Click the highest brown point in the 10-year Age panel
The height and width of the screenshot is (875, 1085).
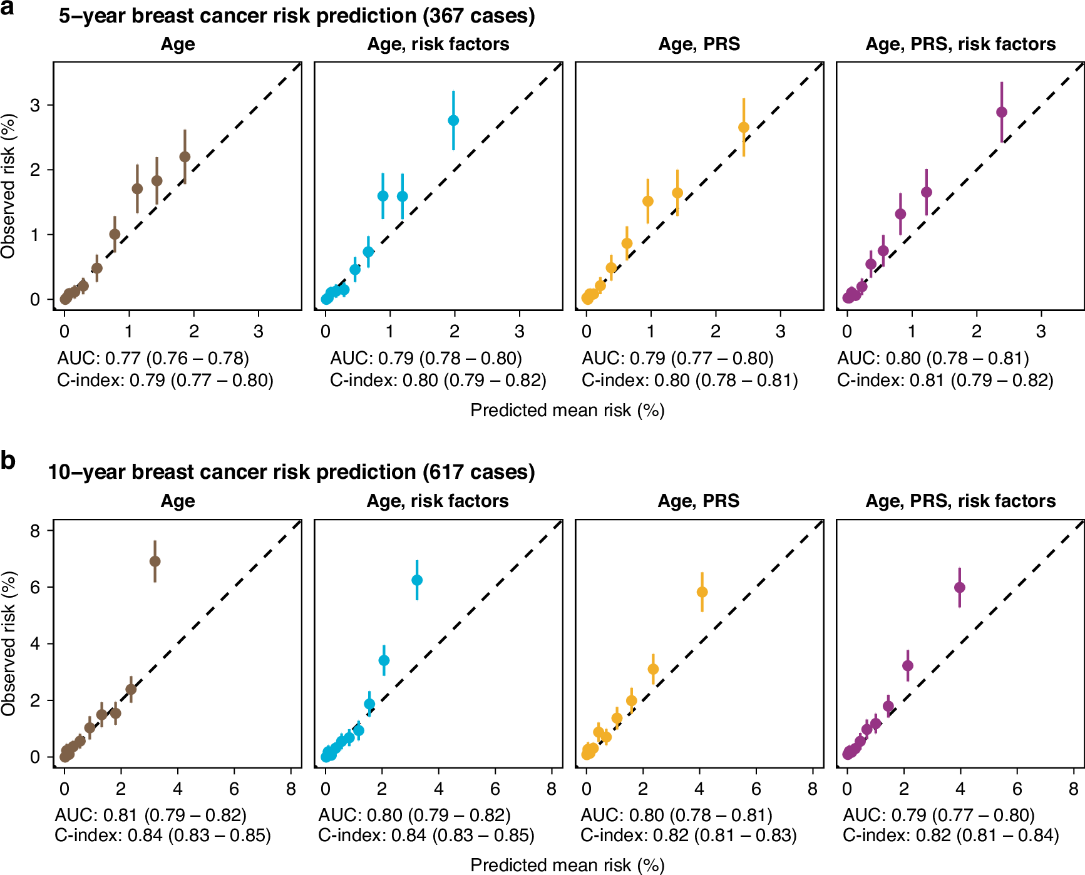(155, 561)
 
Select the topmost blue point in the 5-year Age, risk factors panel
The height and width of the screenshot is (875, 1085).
(453, 121)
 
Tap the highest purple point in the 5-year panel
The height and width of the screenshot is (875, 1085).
(1001, 113)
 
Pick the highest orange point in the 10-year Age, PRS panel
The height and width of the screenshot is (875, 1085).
(702, 592)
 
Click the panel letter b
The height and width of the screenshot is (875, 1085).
(8, 461)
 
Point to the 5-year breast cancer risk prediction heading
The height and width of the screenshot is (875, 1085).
(297, 16)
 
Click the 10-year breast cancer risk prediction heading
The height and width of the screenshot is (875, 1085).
(291, 472)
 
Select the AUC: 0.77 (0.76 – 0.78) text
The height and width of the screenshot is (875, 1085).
(153, 358)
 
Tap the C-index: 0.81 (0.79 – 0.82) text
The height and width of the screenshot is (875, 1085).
(945, 380)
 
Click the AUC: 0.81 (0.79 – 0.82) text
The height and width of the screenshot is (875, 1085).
(151, 815)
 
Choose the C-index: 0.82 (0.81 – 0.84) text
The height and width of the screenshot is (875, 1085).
(950, 835)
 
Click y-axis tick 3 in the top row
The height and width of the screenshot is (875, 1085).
(34, 105)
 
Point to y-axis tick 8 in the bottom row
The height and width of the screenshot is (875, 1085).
(34, 531)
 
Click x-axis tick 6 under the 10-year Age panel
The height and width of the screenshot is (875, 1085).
(234, 789)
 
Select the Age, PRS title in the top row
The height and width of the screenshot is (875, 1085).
(699, 44)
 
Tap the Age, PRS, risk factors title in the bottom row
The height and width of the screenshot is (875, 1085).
(960, 501)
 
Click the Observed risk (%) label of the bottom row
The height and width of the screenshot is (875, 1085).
(9, 643)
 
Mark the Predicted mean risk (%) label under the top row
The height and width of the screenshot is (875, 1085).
(567, 411)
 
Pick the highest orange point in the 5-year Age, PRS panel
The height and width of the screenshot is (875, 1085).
(744, 128)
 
